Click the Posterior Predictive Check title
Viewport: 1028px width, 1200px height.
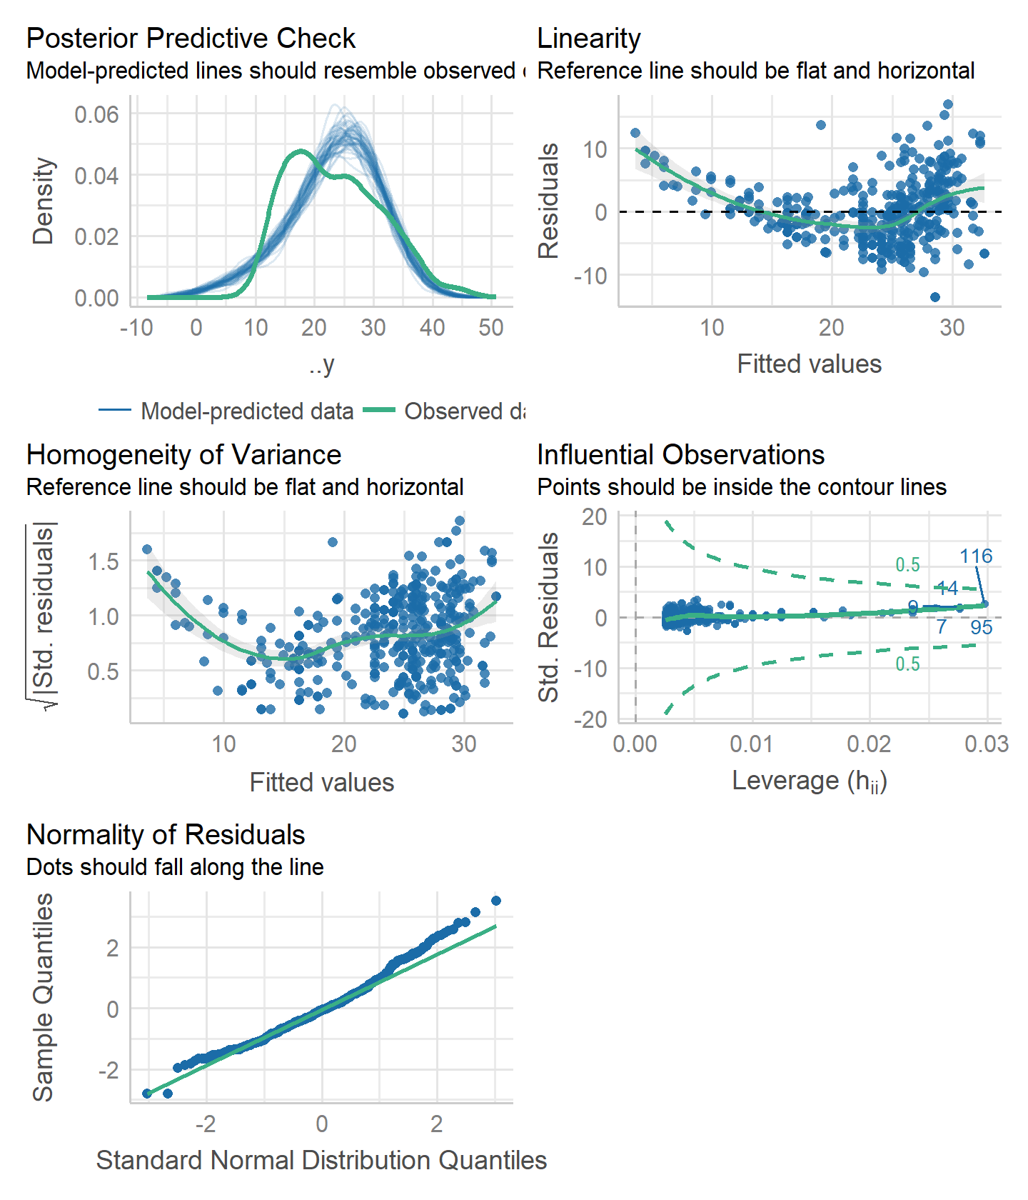click(191, 39)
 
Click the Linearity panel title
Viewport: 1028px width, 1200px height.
click(588, 39)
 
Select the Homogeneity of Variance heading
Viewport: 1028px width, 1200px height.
click(183, 455)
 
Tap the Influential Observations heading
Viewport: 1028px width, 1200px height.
click(680, 455)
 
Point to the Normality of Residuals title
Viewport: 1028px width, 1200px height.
click(166, 835)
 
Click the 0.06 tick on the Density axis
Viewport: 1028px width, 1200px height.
click(96, 115)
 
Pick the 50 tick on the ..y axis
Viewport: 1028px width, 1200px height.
click(491, 328)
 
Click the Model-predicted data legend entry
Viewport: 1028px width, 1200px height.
click(246, 411)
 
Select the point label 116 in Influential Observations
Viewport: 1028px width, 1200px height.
click(975, 556)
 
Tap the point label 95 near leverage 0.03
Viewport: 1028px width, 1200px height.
click(981, 628)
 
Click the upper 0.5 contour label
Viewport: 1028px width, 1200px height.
click(907, 565)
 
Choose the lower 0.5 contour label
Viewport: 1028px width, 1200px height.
click(907, 664)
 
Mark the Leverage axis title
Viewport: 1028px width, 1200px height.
click(809, 781)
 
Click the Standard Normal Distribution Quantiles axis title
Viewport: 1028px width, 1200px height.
click(321, 1161)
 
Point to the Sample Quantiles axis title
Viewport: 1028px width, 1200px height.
click(43, 997)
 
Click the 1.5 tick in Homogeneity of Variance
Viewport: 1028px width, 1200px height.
click(103, 562)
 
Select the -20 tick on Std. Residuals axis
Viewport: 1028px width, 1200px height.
click(590, 719)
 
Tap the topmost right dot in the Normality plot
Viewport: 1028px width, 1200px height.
click(496, 901)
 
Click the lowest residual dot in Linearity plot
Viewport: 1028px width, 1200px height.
click(935, 297)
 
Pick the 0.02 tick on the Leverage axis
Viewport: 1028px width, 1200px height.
click(869, 744)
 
